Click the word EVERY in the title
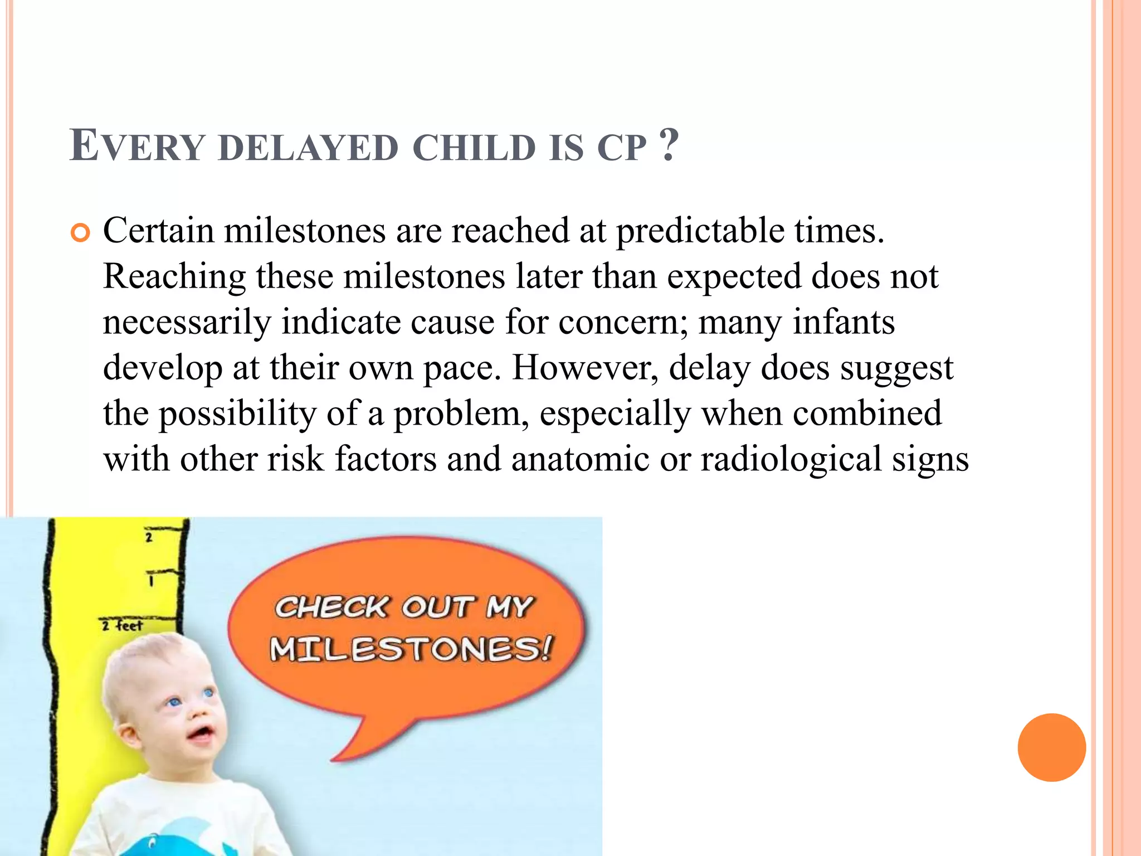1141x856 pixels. pyautogui.click(x=137, y=146)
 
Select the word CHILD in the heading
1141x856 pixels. pyautogui.click(x=474, y=148)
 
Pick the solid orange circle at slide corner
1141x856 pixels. pyautogui.click(x=1051, y=747)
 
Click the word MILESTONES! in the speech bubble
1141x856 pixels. pyautogui.click(x=411, y=649)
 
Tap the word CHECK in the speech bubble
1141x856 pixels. pyautogui.click(x=332, y=607)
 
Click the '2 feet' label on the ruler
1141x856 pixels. pyautogui.click(x=123, y=626)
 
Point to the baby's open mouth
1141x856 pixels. pyautogui.click(x=201, y=732)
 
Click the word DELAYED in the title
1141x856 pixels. pyautogui.click(x=309, y=148)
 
